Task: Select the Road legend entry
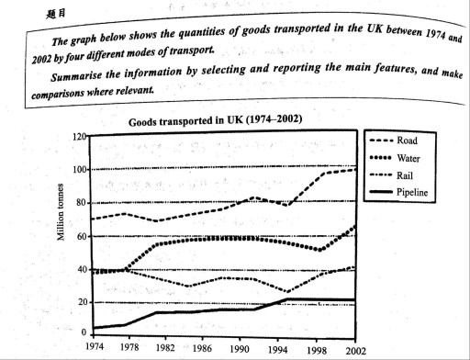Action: tap(408, 141)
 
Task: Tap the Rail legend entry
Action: tap(408, 175)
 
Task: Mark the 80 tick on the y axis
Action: tap(80, 203)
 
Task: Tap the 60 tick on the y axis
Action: tap(80, 236)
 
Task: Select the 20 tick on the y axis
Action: tap(80, 302)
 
